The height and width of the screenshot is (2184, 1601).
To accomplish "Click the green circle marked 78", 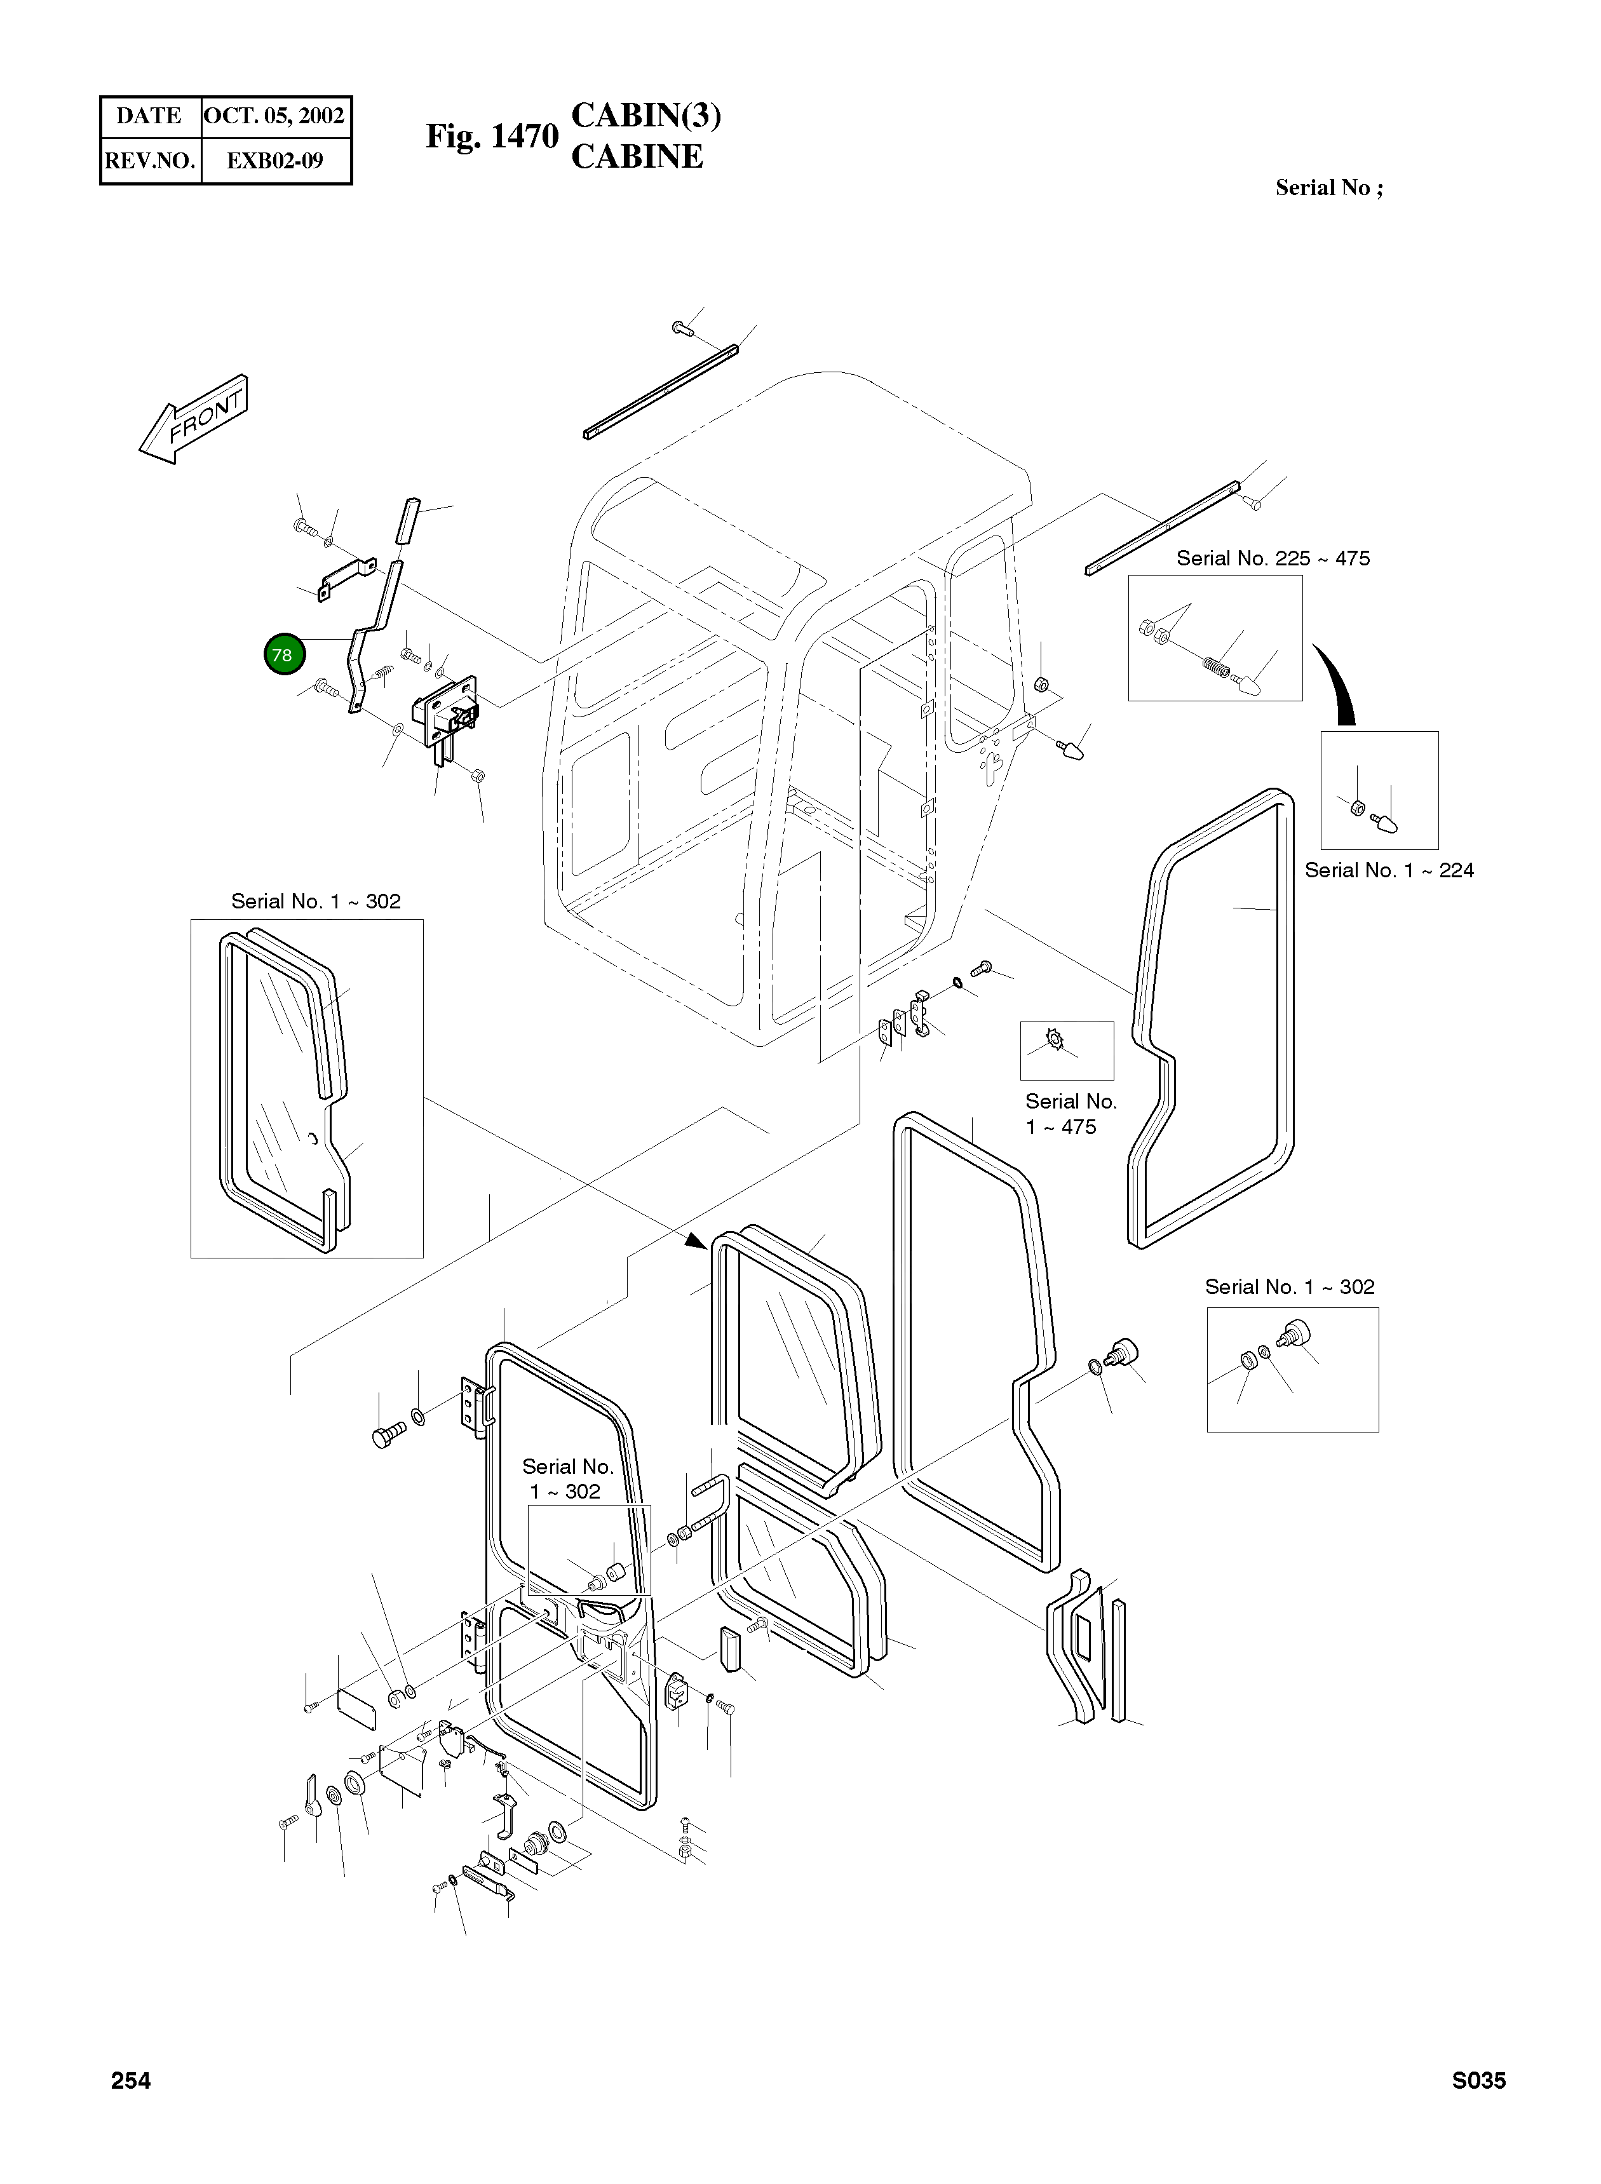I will [x=283, y=655].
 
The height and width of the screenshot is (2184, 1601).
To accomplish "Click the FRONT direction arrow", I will [x=194, y=419].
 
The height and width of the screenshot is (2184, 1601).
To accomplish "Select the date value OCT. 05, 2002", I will [x=274, y=116].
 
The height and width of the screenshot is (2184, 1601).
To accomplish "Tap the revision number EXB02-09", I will [x=274, y=161].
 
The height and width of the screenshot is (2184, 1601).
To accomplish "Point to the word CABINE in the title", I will [x=637, y=157].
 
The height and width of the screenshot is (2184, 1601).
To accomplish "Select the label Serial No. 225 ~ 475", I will [x=1273, y=558].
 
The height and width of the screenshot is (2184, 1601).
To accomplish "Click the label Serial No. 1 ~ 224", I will [x=1389, y=870].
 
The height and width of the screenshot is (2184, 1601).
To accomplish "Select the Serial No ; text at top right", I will [x=1328, y=188].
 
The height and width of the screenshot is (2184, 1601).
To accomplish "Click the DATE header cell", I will [x=149, y=116].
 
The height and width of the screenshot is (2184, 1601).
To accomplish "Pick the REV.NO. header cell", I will [x=149, y=161].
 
